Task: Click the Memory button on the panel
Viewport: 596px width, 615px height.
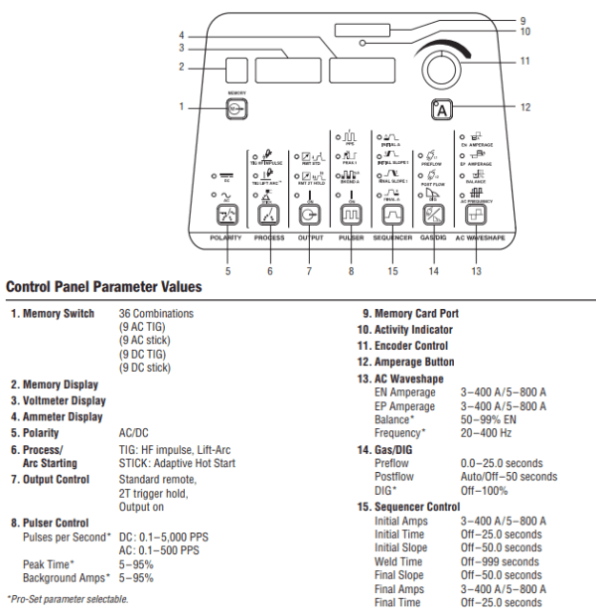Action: [x=235, y=110]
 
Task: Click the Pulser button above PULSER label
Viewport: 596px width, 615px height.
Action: [x=349, y=215]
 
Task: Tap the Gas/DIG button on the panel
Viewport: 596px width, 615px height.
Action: [x=431, y=215]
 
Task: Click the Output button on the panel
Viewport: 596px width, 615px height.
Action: [x=308, y=215]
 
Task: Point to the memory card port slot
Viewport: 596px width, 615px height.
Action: [x=363, y=29]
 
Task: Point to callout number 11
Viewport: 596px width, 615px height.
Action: [x=523, y=61]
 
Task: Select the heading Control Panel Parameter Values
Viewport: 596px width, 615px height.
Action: [x=104, y=287]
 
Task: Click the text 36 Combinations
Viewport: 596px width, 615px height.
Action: [x=156, y=314]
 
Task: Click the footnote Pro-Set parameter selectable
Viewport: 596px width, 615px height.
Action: [x=68, y=598]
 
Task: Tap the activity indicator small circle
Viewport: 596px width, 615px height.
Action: [x=366, y=44]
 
